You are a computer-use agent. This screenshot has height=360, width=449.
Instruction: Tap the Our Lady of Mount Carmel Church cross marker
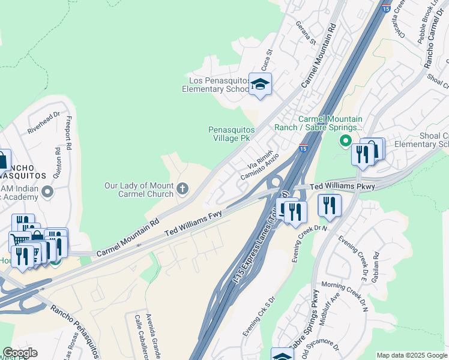[x=183, y=190]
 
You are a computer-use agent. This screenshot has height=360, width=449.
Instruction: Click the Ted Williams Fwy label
[x=193, y=222]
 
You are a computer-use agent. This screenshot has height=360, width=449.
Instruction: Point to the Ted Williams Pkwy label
[x=343, y=187]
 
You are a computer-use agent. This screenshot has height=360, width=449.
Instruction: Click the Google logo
[x=20, y=353]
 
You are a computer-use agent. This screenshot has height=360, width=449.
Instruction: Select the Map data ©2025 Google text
[x=411, y=355]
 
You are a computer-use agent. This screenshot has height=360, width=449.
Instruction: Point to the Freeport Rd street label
[x=69, y=133]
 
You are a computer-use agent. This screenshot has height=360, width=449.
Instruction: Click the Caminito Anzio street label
[x=260, y=167]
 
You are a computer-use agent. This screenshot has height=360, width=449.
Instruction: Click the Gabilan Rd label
[x=376, y=264]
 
